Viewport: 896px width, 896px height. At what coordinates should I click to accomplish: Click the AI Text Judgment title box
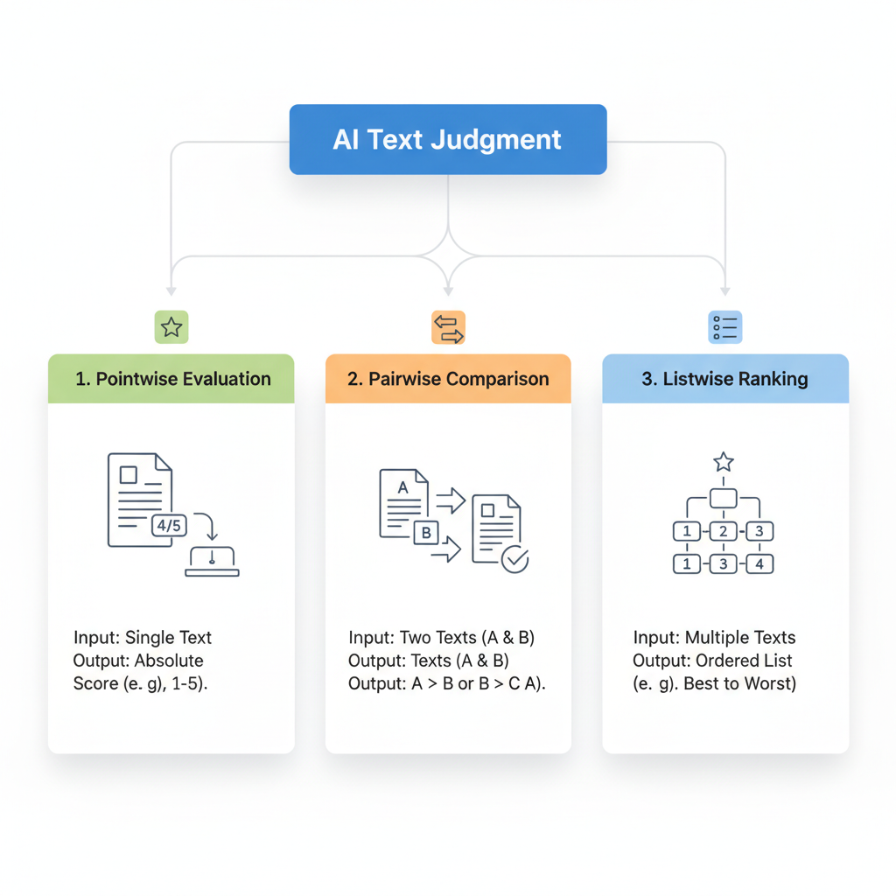tap(447, 140)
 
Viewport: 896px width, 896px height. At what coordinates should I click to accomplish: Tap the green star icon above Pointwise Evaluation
tap(171, 327)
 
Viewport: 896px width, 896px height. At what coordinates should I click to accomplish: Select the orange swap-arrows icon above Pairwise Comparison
tap(448, 327)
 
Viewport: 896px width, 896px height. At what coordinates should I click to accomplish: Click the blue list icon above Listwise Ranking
tap(724, 327)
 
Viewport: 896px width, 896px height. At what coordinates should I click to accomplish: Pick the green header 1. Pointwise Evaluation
tap(171, 379)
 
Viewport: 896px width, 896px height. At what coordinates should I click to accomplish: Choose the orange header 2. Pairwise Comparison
tap(448, 379)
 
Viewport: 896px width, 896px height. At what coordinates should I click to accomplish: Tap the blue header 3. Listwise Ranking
tap(725, 379)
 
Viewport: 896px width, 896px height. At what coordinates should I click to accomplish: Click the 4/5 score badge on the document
tap(168, 525)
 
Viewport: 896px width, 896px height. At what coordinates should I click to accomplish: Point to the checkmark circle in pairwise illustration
tap(514, 559)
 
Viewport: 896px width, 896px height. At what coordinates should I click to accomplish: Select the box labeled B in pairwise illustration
tap(426, 532)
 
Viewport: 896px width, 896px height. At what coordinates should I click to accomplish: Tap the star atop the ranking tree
tap(723, 461)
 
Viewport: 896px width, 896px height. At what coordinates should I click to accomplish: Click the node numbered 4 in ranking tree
tap(759, 564)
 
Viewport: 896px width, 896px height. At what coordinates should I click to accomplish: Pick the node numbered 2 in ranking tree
tap(723, 531)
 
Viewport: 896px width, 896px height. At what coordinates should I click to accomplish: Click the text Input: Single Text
tap(143, 637)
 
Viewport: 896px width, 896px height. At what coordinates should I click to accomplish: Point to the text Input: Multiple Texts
tap(714, 637)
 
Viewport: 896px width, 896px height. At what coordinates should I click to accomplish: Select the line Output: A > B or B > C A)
tap(446, 683)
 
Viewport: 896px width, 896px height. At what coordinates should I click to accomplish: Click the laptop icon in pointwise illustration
tap(212, 561)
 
